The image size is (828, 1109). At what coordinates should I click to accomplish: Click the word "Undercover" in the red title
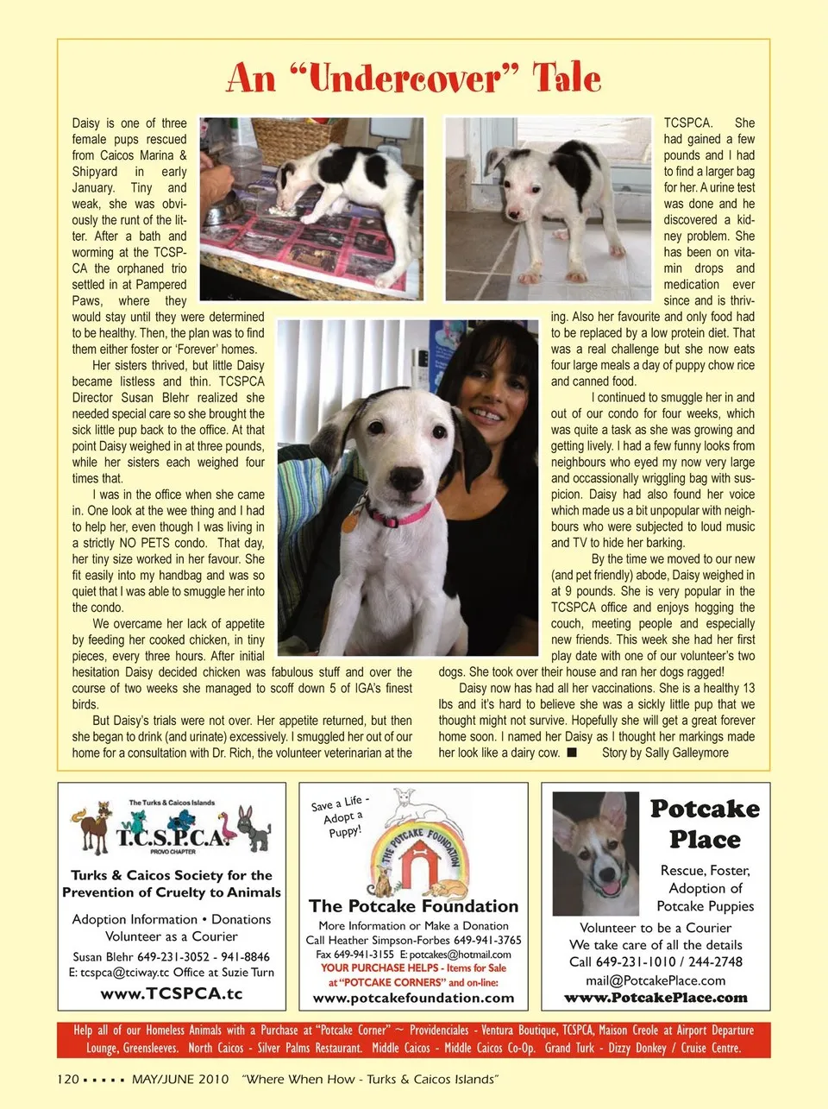point(405,79)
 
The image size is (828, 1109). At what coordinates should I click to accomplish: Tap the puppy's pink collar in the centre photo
point(399,516)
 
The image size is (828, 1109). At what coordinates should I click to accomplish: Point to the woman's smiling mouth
point(487,414)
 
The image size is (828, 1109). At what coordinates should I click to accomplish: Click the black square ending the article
point(571,753)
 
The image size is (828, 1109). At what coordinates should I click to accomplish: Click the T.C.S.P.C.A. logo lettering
point(172,836)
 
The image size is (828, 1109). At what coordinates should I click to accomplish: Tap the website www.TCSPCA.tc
point(172,993)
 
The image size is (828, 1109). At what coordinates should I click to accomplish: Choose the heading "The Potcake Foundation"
point(414,906)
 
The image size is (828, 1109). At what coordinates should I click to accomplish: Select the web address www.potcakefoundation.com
point(414,998)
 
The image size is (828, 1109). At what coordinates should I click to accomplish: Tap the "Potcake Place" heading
point(705,823)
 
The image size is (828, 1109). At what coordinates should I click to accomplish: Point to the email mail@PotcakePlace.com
point(655,980)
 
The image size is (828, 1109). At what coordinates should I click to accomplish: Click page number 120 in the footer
point(68,1079)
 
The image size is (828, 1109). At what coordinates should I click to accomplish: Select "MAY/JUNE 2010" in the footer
point(181,1079)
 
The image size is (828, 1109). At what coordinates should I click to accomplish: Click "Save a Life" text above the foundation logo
point(339,804)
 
